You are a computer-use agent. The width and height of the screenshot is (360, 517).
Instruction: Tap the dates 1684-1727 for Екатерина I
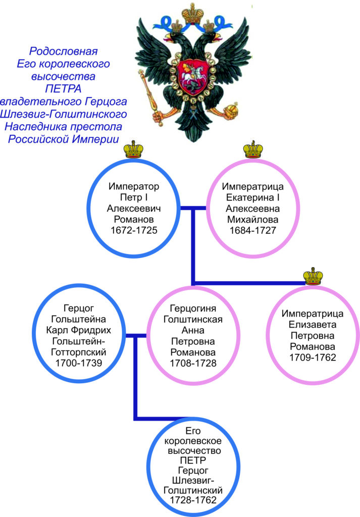click(x=253, y=230)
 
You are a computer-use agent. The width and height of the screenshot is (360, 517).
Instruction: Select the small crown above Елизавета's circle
click(x=313, y=276)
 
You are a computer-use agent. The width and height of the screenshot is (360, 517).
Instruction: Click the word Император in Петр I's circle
click(x=133, y=186)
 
